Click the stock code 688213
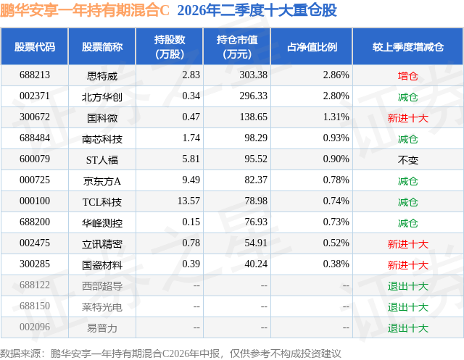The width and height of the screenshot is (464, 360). point(35,75)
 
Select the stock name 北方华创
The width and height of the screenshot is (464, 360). point(102,97)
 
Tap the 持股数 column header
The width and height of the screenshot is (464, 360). point(170,46)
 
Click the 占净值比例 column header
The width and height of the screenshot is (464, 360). point(312,46)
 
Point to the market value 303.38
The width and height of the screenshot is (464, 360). point(254,75)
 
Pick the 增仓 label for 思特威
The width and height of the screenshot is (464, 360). point(407,76)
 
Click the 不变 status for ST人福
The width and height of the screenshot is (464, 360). point(407,160)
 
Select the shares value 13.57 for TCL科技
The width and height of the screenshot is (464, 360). point(188,201)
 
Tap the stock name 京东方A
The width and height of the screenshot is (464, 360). point(102,181)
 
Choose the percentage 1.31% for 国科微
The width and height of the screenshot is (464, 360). point(336,117)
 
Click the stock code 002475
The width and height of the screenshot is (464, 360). point(35,243)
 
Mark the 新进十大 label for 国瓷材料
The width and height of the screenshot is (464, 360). point(407,265)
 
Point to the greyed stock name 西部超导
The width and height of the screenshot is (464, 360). point(102,286)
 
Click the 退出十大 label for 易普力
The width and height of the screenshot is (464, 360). point(407,328)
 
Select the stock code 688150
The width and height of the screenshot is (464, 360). point(35,306)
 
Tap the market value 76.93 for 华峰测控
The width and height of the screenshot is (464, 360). point(256,222)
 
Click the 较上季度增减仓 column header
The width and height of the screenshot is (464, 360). point(407,46)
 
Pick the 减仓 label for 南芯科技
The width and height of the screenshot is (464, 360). point(407,139)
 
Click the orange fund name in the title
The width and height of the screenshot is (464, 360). point(85,10)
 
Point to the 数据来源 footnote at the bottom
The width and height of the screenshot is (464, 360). point(170,353)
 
